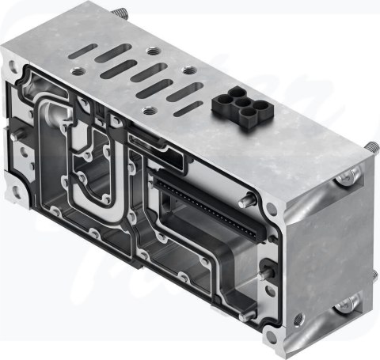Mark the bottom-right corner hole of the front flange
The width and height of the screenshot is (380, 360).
(298, 319)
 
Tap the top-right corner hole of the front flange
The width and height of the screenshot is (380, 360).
(272, 210)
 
